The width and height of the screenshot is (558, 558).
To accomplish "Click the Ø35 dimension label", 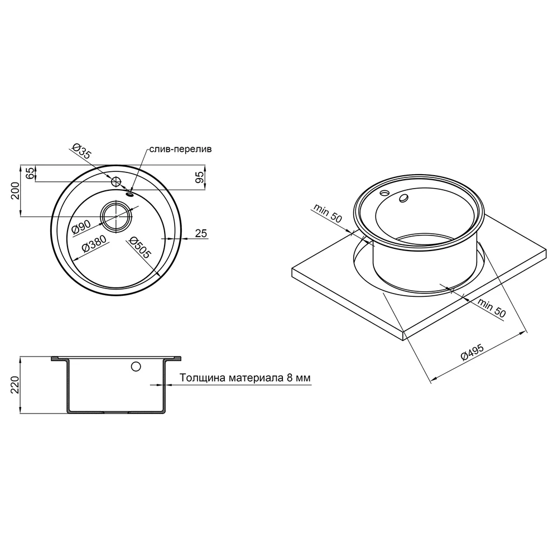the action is (x=81, y=151).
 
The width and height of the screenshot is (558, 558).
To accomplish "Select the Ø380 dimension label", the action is (x=94, y=244).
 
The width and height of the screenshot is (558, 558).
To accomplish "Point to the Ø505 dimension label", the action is (x=140, y=248).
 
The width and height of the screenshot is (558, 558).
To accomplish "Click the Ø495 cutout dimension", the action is (x=472, y=352).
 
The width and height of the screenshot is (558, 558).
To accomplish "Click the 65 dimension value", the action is (x=31, y=174).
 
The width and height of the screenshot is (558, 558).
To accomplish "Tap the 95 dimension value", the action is (x=200, y=177).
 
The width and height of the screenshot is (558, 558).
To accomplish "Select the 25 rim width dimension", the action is (x=201, y=233).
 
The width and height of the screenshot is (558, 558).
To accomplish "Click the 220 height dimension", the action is (x=15, y=384).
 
